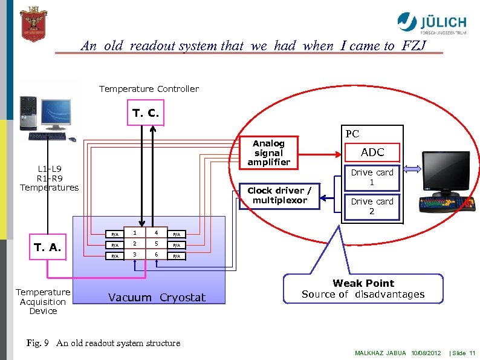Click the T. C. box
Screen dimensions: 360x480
pos(145,113)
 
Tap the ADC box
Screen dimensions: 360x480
pos(372,152)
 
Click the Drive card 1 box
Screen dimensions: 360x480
pos(372,177)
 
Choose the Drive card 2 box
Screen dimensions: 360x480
pos(372,206)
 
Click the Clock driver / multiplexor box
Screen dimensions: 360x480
pos(279,195)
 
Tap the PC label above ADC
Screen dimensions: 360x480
pos(352,134)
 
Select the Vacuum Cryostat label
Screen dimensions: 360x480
pos(157,297)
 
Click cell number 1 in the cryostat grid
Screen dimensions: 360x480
pos(135,234)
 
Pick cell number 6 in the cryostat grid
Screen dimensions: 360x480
pos(156,255)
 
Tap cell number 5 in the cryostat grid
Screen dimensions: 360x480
pos(156,244)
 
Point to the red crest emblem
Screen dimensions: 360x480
pos(33,24)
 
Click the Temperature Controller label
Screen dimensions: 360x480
pos(149,89)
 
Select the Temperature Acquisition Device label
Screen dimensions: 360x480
pos(43,301)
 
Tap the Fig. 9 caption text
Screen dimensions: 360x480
pos(103,343)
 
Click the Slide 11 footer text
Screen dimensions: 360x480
pos(464,353)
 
